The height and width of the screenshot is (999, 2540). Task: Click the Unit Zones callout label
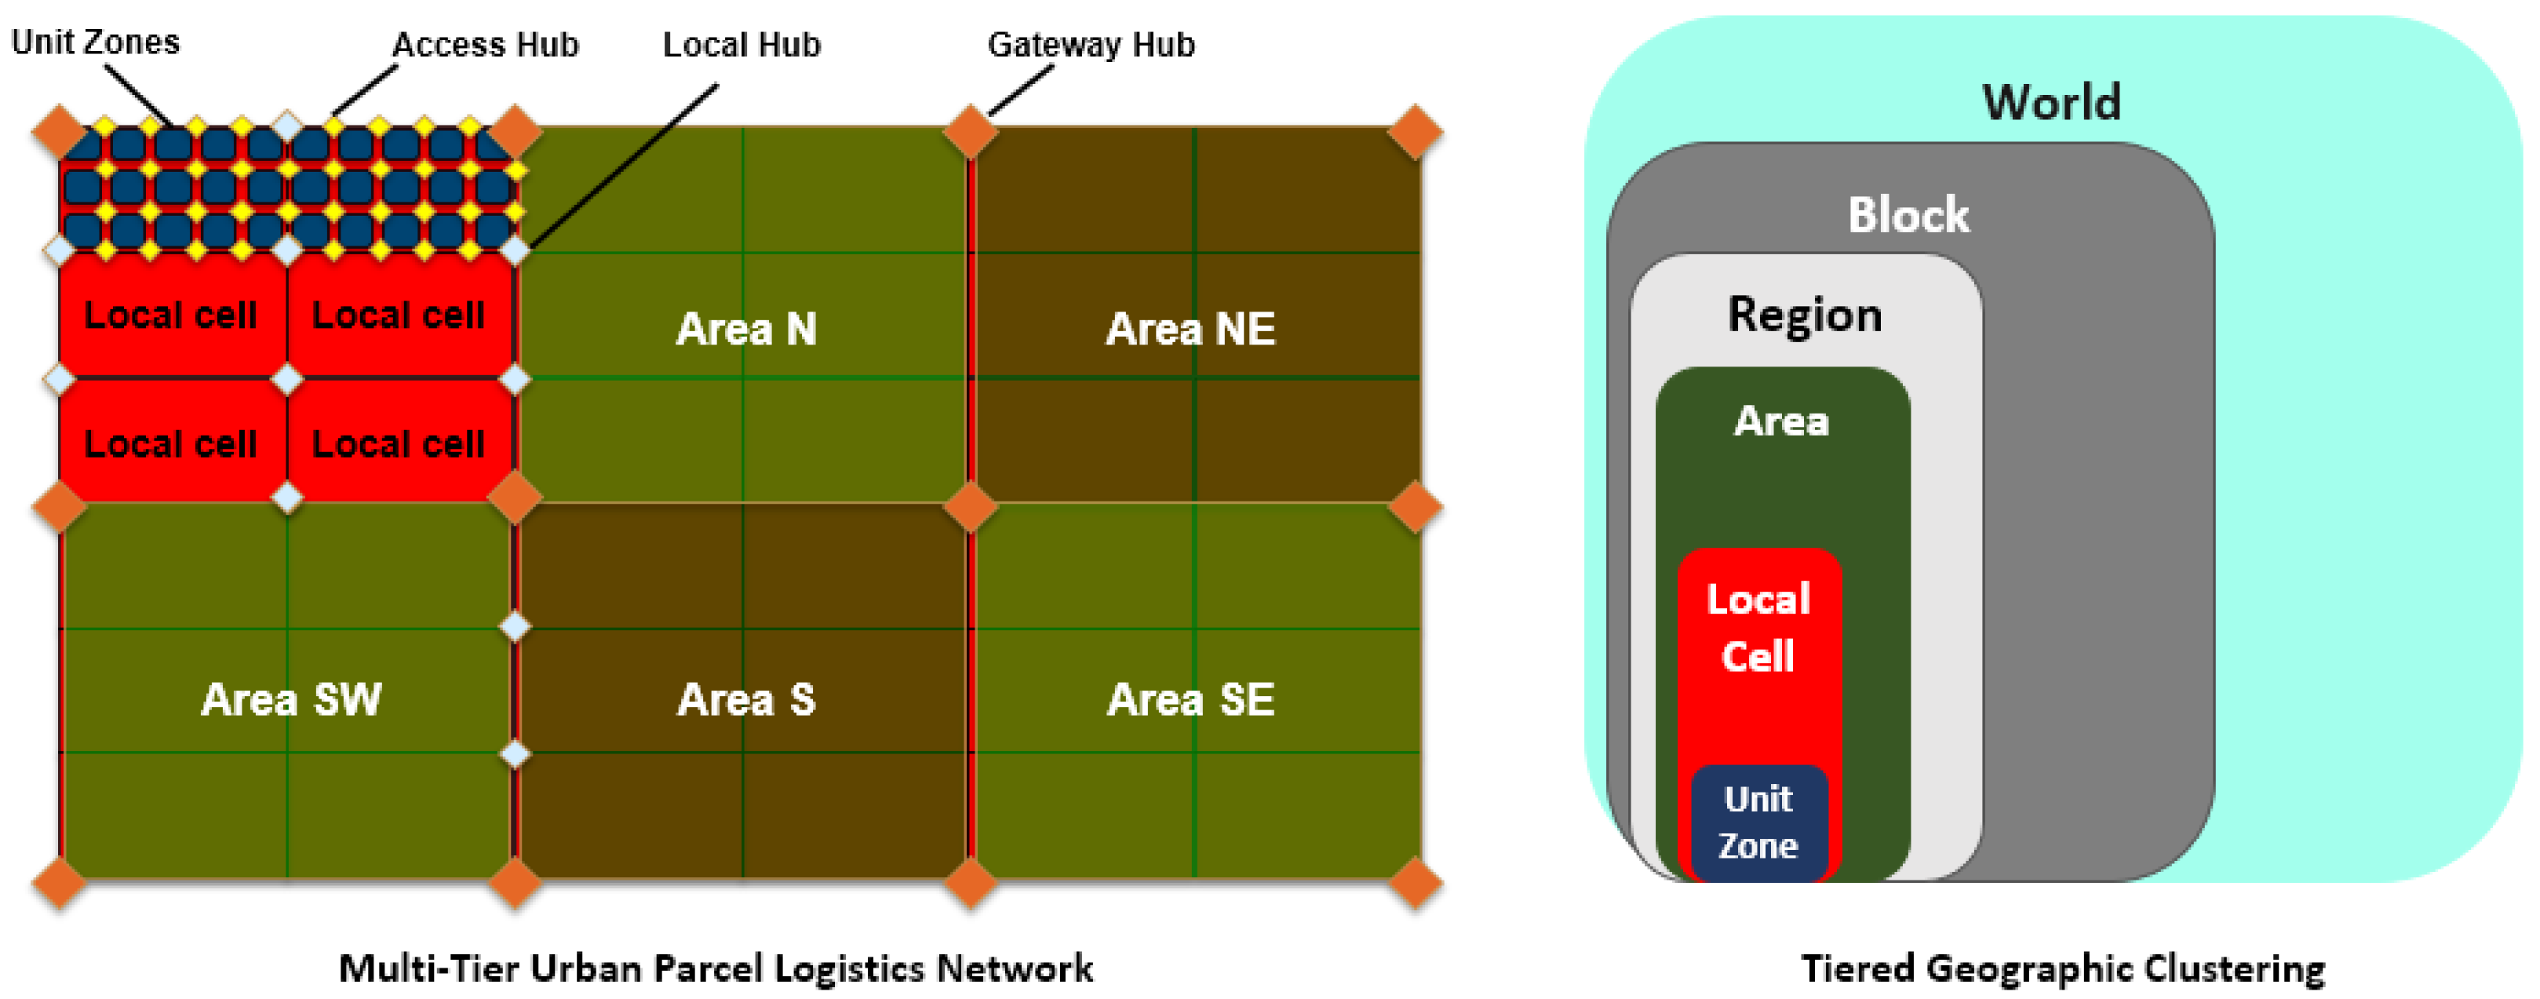[x=95, y=42]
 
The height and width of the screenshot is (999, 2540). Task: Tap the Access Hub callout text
[x=485, y=45]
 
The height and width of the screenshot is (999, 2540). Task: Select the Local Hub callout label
[x=742, y=45]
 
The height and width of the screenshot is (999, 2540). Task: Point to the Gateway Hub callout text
[x=1091, y=45]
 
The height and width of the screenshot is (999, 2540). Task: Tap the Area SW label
[x=291, y=699]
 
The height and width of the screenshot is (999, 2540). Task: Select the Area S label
[x=746, y=699]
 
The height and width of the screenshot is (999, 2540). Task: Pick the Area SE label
[x=1190, y=699]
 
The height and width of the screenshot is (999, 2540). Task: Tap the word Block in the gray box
[x=1908, y=214]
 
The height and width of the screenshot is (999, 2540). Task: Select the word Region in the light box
[x=1805, y=315]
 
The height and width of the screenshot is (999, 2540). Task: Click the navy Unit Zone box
[x=1758, y=822]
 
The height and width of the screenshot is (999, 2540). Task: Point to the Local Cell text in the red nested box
[x=1758, y=627]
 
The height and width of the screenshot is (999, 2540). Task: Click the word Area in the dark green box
[x=1780, y=421]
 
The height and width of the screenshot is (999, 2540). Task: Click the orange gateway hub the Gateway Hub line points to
[x=970, y=131]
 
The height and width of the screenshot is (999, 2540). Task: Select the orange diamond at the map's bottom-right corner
[x=1415, y=883]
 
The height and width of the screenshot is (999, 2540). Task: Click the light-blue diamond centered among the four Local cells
[x=287, y=379]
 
